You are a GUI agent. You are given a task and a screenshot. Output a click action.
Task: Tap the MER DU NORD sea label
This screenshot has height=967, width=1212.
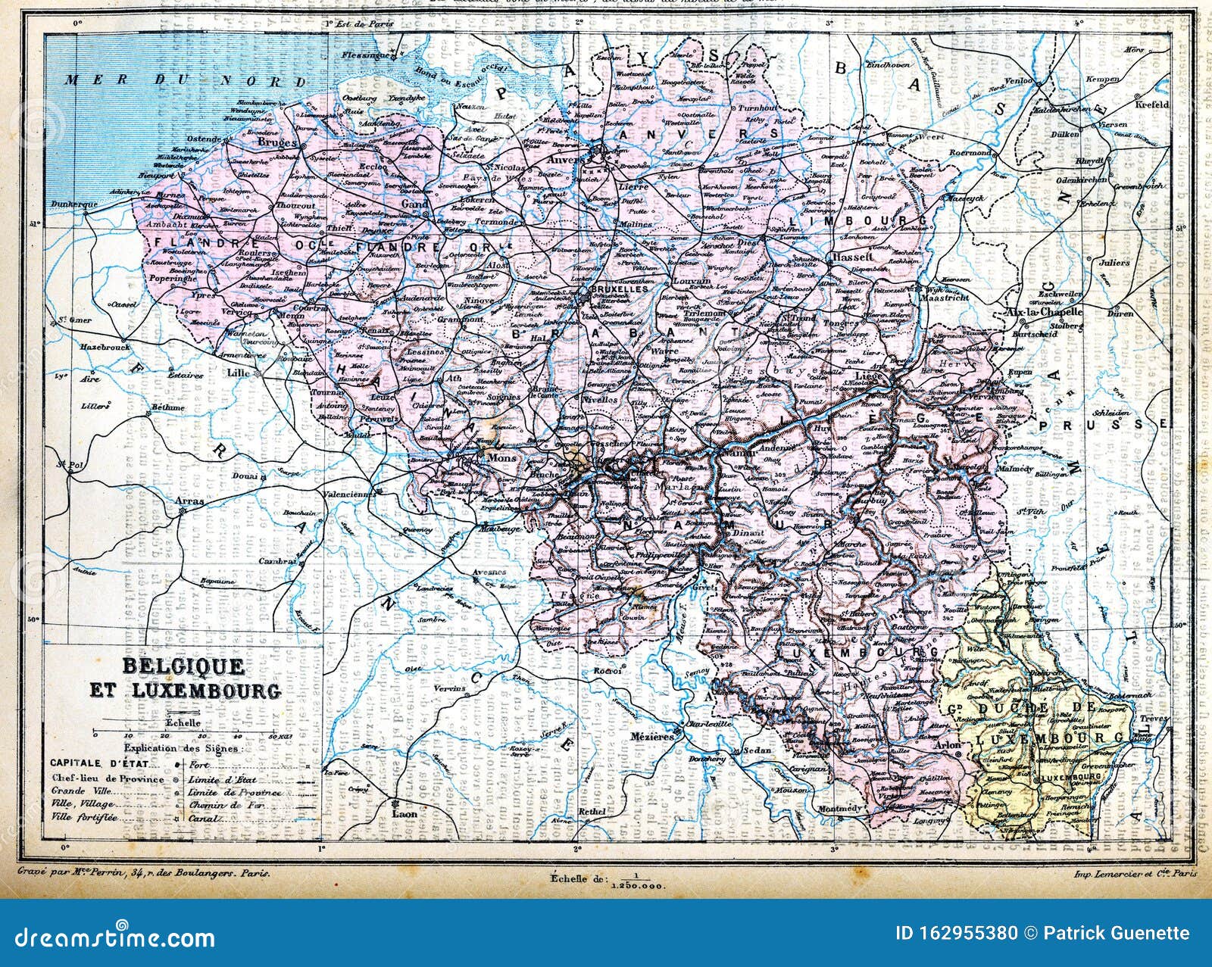click(185, 81)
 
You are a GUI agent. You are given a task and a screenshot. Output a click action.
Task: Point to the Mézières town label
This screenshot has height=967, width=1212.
click(651, 737)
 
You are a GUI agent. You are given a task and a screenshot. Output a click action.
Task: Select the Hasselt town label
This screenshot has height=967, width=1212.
click(852, 257)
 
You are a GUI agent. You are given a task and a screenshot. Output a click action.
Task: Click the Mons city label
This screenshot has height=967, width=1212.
click(482, 458)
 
